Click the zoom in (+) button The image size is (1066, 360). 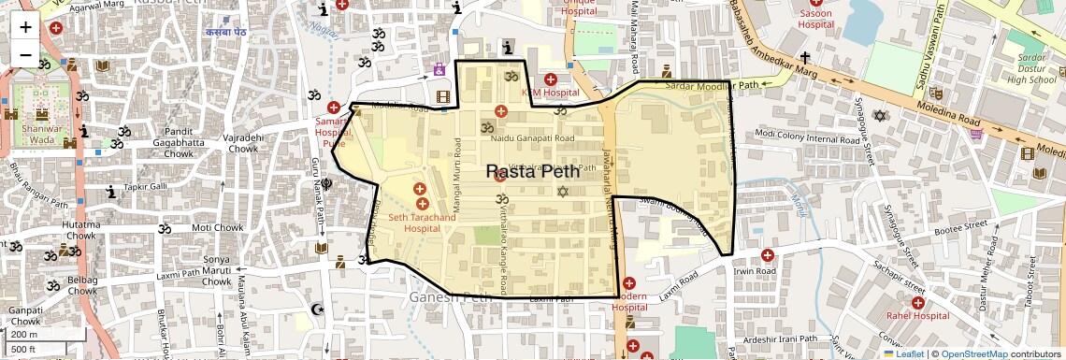25,27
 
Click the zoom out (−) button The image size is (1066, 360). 25,55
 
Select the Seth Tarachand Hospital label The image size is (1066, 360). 422,223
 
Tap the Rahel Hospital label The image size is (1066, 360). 917,315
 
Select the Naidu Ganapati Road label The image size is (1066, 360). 532,138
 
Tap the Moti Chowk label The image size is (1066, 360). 217,227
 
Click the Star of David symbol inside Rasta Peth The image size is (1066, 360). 562,192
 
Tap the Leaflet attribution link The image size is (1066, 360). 903,353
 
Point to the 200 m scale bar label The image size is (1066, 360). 24,334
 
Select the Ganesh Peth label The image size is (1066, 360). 450,297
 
